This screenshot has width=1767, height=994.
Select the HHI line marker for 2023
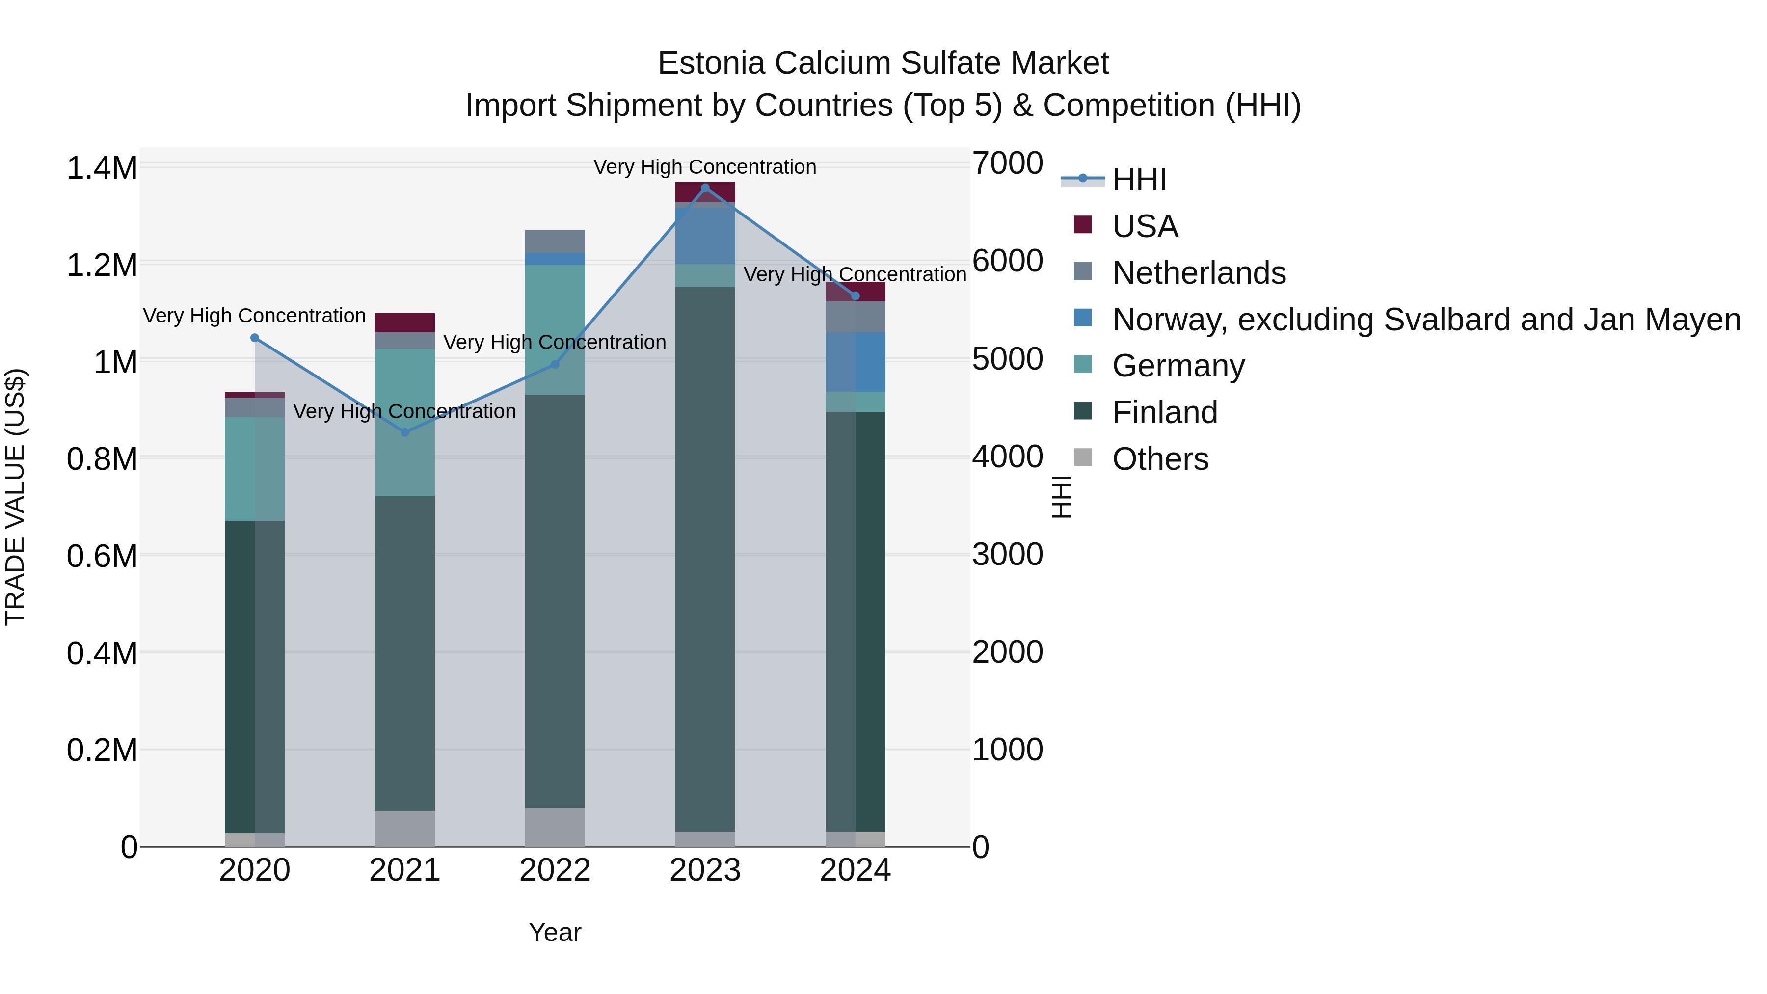[705, 188]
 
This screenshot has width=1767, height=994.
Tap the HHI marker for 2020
[254, 338]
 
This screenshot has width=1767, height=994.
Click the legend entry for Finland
[1164, 412]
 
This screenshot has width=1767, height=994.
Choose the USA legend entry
[1145, 226]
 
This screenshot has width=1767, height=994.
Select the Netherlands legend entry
[1198, 273]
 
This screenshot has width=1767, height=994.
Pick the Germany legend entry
[1178, 366]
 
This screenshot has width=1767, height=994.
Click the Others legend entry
[1160, 459]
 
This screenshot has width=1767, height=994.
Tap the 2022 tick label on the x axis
[555, 870]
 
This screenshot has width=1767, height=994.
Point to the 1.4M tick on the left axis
[102, 168]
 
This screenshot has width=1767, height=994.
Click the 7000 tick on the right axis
[1008, 163]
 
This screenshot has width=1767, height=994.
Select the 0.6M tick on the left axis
[102, 556]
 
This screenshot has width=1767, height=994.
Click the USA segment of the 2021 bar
[405, 322]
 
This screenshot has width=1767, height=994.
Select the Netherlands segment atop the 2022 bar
[555, 242]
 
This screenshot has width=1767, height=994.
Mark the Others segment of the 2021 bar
[405, 829]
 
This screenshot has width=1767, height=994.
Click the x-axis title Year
[555, 932]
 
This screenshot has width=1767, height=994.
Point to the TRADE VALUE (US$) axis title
[15, 497]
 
